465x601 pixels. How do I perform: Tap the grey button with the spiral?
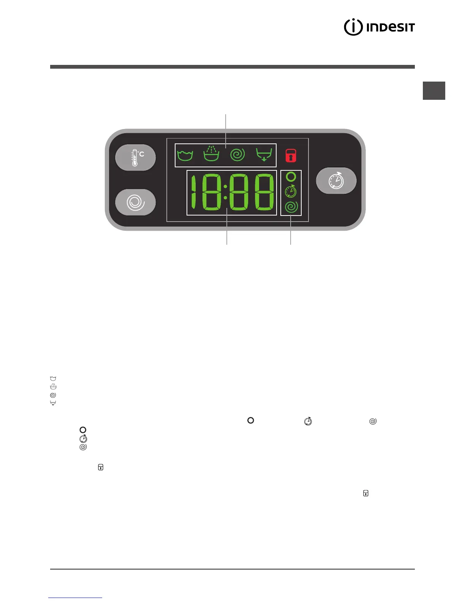click(136, 202)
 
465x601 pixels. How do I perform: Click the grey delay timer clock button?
click(336, 181)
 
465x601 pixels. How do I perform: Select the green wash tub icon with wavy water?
click(185, 155)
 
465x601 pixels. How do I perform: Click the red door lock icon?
click(291, 155)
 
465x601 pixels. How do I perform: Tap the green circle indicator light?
click(291, 176)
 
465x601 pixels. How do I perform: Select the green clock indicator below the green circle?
click(291, 192)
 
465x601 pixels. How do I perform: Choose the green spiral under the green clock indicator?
click(291, 207)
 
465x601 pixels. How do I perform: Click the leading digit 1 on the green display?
click(194, 192)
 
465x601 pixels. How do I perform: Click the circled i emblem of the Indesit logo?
click(353, 27)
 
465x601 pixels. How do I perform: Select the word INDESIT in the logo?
click(391, 27)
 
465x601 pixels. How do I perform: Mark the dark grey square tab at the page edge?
click(434, 91)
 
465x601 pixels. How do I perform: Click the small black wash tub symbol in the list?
click(53, 379)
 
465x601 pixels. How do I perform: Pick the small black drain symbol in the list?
click(53, 403)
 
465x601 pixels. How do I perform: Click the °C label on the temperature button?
click(141, 154)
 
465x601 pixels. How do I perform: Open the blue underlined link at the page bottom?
click(75, 598)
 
